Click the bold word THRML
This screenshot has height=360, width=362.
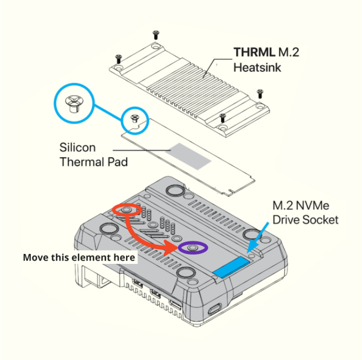[x=254, y=52]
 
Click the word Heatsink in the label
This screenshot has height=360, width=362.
[x=257, y=67]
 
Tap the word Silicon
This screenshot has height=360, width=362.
[x=77, y=147]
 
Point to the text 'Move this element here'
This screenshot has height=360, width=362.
[x=79, y=257]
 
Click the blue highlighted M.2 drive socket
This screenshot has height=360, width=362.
[x=232, y=267]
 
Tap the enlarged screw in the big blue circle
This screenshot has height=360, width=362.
[x=74, y=104]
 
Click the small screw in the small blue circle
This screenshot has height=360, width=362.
[x=135, y=119]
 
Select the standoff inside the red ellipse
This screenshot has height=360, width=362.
[x=127, y=210]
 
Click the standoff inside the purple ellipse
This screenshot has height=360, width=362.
[x=192, y=248]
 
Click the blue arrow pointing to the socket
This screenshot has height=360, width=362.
[x=258, y=237]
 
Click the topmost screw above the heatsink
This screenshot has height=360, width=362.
[x=156, y=35]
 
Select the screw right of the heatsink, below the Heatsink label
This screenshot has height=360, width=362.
[x=260, y=94]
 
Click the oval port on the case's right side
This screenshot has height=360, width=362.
[x=214, y=309]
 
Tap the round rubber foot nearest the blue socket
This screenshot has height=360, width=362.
[x=251, y=235]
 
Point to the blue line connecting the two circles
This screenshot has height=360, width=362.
[x=108, y=113]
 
